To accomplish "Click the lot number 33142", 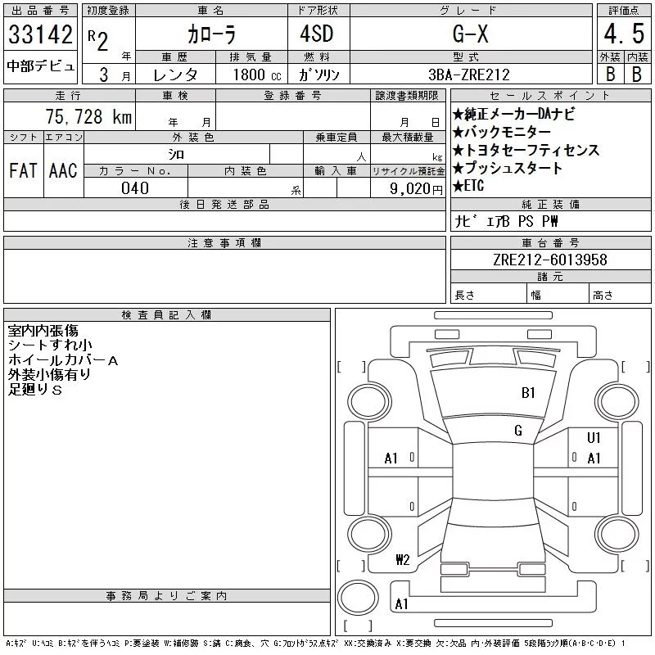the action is click(x=40, y=34).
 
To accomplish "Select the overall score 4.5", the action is click(x=624, y=34).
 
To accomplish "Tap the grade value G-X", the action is click(x=470, y=34).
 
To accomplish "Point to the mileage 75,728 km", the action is click(x=88, y=116).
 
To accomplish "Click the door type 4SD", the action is click(x=317, y=34).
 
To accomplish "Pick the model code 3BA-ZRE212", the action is click(x=469, y=75).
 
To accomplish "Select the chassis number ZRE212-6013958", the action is click(x=549, y=260).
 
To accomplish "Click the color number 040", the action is click(x=135, y=188).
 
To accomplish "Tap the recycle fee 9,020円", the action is click(x=416, y=189).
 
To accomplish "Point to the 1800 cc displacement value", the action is click(x=257, y=75).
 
